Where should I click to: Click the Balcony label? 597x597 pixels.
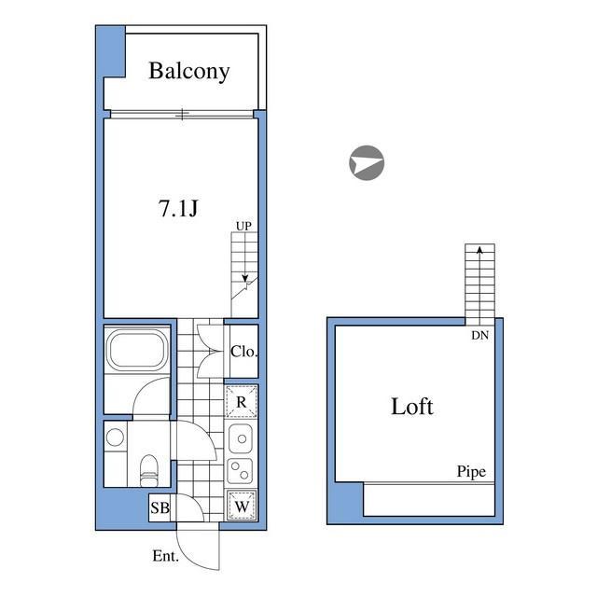(x=189, y=71)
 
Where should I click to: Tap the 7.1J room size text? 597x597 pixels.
(x=178, y=208)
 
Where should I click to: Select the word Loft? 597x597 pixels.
(x=412, y=407)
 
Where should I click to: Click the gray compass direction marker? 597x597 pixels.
(x=367, y=162)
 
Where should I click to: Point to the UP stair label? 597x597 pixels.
(x=243, y=226)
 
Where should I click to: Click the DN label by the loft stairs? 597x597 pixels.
(x=479, y=335)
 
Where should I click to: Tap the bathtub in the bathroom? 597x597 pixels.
(x=137, y=350)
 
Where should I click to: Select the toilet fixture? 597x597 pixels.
(x=148, y=470)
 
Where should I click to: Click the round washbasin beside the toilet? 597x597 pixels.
(x=115, y=437)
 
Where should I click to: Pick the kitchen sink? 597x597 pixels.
(x=241, y=438)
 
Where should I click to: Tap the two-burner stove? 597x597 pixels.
(x=241, y=471)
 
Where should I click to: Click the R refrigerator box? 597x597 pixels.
(x=242, y=401)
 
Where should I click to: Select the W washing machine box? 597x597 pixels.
(x=242, y=506)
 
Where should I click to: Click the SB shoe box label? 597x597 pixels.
(x=160, y=507)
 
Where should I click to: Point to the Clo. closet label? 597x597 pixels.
(x=244, y=352)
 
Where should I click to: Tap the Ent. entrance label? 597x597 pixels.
(x=165, y=556)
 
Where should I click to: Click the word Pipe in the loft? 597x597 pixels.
(x=471, y=472)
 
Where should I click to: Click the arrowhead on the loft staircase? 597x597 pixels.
(x=479, y=250)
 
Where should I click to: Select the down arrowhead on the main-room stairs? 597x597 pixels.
(x=245, y=278)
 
